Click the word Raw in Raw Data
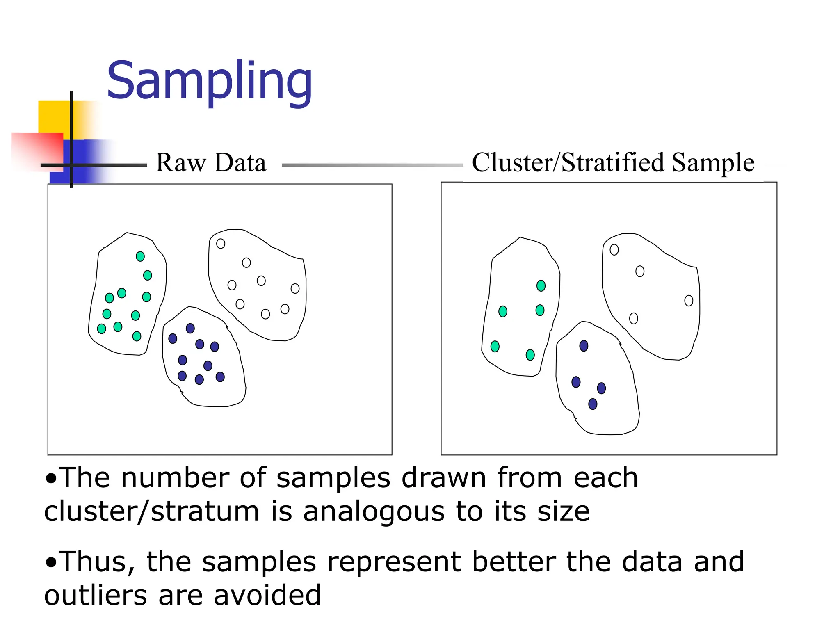click(180, 162)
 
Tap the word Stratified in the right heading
click(613, 162)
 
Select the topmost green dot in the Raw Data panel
click(140, 256)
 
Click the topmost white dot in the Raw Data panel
click(221, 244)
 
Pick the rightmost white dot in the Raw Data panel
click(295, 288)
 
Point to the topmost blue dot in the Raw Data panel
click(190, 328)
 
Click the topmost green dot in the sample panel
click(541, 285)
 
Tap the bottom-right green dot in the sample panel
click(530, 355)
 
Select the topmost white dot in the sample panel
click(614, 250)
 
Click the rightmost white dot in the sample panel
click(689, 301)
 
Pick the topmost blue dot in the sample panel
click(584, 346)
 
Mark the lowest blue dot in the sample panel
click(593, 404)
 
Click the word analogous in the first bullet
click(374, 512)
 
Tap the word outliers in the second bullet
click(95, 596)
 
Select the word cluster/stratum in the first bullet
click(152, 512)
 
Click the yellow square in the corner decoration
click(53, 117)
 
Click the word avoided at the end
click(267, 596)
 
